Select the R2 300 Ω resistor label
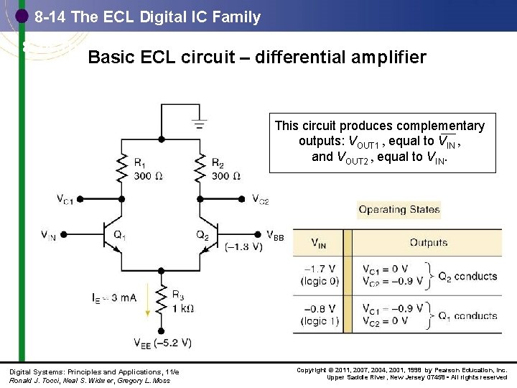(x=227, y=170)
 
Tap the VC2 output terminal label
(x=260, y=199)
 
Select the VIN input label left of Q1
(x=48, y=236)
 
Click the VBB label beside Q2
(x=274, y=235)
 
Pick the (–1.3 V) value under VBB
(x=244, y=247)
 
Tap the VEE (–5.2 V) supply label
(x=162, y=343)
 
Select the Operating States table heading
(x=399, y=210)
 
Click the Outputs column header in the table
(x=429, y=243)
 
